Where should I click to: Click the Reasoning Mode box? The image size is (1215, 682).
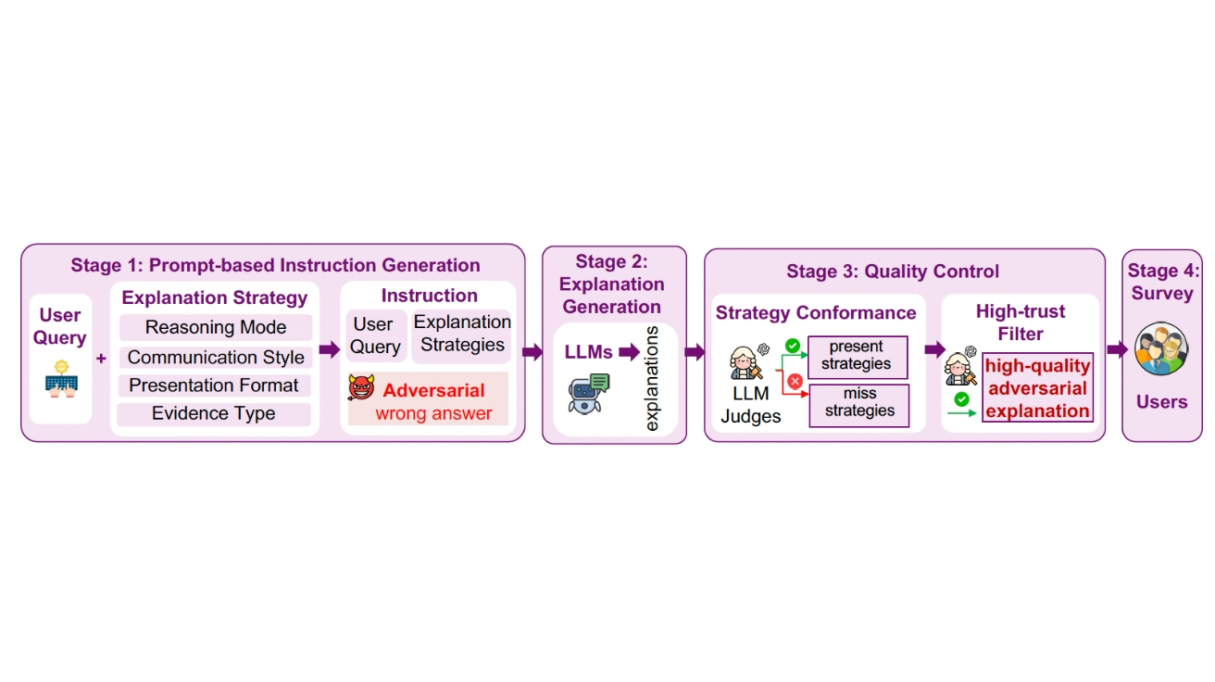point(216,327)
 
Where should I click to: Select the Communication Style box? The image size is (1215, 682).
point(216,357)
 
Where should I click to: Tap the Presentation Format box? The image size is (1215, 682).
point(214,385)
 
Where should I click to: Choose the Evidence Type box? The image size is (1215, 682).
point(214,413)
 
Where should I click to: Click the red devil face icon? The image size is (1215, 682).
point(361,387)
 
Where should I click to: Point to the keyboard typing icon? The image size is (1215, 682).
point(61,379)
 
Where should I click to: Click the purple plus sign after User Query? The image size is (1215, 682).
point(101,359)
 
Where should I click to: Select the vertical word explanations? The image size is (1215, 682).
point(651,379)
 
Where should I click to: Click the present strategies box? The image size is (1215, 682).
point(858,357)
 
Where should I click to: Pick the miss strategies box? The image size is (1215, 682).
point(859,406)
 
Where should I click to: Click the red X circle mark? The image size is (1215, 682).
point(795,382)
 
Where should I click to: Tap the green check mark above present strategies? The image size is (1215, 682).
point(793,345)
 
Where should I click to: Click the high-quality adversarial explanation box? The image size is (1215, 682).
point(1037,387)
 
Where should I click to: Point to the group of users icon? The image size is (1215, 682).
point(1161,348)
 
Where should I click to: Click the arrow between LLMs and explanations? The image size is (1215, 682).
point(629,351)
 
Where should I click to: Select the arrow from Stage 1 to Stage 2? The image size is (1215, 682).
point(532,352)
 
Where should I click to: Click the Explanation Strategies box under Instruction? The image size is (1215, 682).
point(461,335)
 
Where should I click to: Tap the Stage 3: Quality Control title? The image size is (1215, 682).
point(893,271)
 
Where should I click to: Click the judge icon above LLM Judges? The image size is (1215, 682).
point(747,361)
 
